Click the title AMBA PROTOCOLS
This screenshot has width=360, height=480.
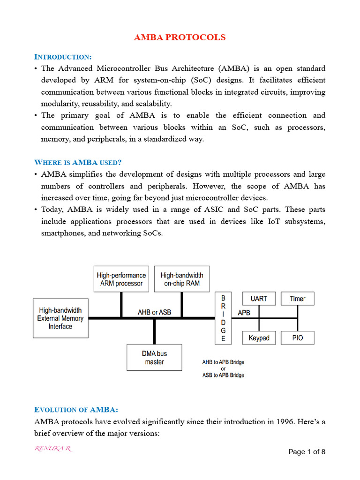pos(180,37)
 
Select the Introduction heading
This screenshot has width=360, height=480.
pos(63,57)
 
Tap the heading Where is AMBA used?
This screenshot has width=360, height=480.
pos(78,162)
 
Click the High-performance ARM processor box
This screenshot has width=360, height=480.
pos(121,279)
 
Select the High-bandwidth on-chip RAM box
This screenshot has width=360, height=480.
pos(182,279)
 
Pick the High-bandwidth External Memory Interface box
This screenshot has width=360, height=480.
pos(60,318)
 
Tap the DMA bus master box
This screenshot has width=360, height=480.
pos(154,357)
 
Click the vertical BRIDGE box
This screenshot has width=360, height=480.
pos(223,318)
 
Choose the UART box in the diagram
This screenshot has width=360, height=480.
pos(259,299)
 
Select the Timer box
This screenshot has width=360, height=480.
pos(297,299)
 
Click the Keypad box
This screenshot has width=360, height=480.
pos(259,337)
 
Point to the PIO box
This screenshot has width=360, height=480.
pos(297,337)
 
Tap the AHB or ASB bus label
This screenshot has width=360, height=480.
pos(154,312)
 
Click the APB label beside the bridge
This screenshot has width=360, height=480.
pos(244,312)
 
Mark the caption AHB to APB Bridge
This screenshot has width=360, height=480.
pos(223,362)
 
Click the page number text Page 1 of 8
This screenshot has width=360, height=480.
pos(307,452)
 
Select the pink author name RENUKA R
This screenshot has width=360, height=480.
pos(53,449)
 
